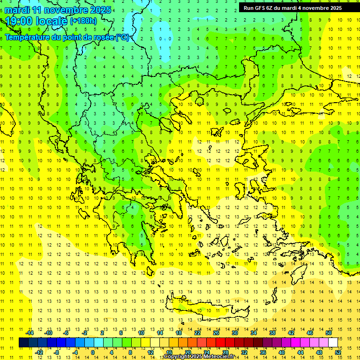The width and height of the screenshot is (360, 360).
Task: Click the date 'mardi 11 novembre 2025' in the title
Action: pos(58,10)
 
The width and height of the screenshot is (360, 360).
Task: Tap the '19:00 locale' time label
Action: pos(37,21)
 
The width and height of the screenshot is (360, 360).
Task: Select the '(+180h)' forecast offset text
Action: pos(83,21)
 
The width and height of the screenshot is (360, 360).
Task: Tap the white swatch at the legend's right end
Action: pos(333,342)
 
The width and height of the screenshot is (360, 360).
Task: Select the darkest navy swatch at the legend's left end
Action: pos(24,342)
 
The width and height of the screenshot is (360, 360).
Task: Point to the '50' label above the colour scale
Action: pos(328,333)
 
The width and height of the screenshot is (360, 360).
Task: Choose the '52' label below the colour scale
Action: pos(338,352)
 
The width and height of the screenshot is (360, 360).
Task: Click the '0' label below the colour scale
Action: pos(92,352)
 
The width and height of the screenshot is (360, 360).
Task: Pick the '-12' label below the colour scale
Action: pos(39,352)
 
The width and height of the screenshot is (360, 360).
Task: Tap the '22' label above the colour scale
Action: pos(197,333)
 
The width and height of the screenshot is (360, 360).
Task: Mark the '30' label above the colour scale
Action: pos(234,333)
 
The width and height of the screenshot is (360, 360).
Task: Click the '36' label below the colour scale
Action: pos(262,352)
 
